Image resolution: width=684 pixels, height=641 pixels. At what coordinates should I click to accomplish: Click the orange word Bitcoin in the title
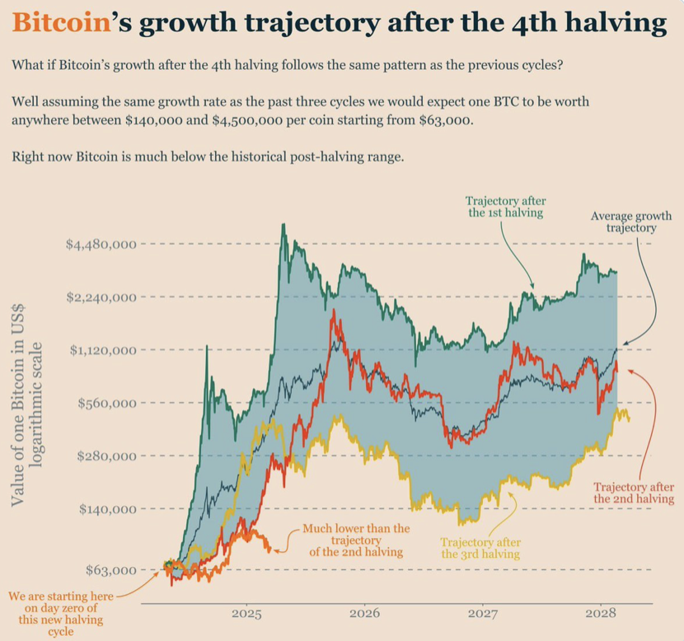[62, 24]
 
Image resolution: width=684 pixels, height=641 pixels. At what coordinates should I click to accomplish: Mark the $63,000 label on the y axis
[110, 569]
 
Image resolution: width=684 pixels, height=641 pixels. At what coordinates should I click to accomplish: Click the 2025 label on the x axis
[246, 614]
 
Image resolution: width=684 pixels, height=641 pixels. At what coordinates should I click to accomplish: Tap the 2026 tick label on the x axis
[364, 614]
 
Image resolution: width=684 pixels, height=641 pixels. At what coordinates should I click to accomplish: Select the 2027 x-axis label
[483, 614]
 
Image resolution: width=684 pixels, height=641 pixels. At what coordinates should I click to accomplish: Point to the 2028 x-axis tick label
[602, 614]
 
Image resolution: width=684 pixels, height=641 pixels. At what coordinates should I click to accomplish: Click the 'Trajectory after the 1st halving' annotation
[505, 207]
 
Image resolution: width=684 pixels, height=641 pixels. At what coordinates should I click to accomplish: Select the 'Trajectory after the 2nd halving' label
[634, 492]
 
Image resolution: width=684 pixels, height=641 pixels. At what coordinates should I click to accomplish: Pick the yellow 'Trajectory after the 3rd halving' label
[480, 548]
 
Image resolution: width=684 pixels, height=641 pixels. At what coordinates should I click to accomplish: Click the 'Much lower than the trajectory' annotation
[356, 540]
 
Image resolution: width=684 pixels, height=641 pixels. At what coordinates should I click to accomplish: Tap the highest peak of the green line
[283, 225]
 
